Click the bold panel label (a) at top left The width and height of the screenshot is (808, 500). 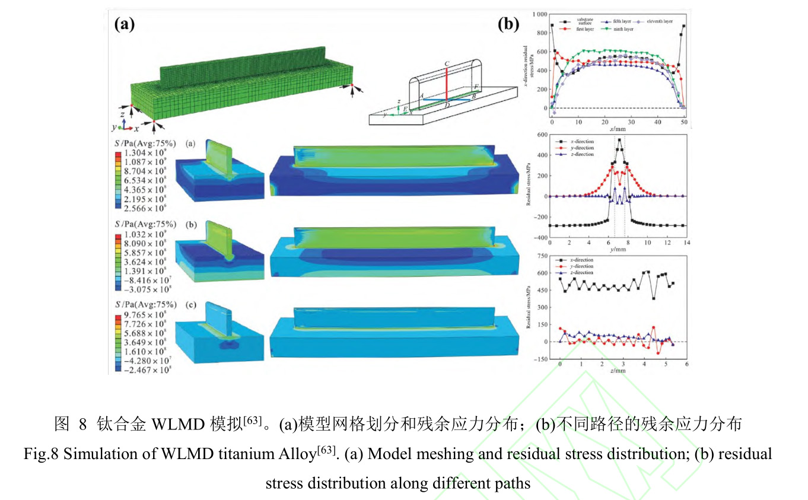(x=125, y=24)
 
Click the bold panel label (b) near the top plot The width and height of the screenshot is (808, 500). (x=508, y=24)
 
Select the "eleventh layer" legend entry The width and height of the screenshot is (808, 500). (x=657, y=21)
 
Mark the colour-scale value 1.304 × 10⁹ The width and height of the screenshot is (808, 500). (x=145, y=152)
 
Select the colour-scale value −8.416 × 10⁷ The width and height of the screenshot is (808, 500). (x=146, y=280)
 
